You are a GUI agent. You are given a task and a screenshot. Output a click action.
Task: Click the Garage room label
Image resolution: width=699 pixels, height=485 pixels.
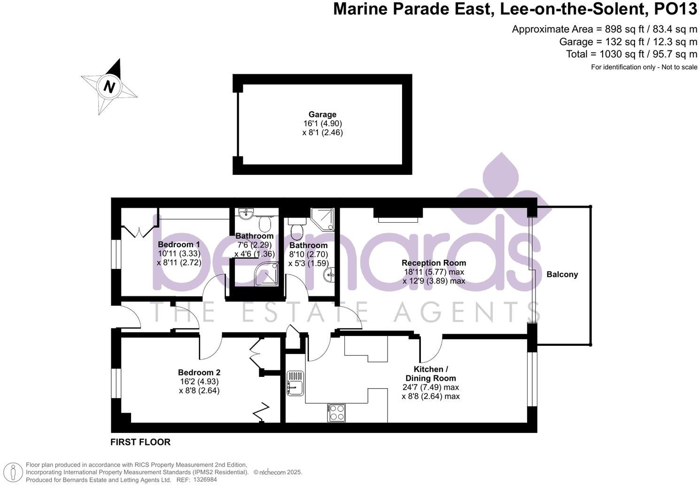[322, 114]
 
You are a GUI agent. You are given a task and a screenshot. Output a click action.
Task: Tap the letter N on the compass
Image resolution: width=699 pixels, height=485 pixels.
[109, 87]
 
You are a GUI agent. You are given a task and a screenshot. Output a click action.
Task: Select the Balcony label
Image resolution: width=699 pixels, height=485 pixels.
[562, 274]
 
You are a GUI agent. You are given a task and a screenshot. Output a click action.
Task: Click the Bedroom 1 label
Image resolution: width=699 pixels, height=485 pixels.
[179, 244]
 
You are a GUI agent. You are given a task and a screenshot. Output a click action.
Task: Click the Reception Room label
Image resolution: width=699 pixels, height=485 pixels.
[434, 263]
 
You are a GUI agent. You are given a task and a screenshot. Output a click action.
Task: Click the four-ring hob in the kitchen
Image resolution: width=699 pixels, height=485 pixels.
[336, 413]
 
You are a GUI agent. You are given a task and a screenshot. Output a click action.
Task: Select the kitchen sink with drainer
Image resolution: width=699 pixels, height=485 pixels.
[295, 383]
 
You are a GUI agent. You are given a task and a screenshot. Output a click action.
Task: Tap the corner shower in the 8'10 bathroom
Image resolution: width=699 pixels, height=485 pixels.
[323, 219]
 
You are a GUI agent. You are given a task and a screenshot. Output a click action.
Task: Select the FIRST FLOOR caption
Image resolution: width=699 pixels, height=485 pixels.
[140, 442]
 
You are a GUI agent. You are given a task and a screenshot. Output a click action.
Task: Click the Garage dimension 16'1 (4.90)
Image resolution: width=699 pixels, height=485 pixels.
[322, 124]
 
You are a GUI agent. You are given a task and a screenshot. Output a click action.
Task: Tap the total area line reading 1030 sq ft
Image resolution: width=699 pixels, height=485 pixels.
[631, 54]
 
